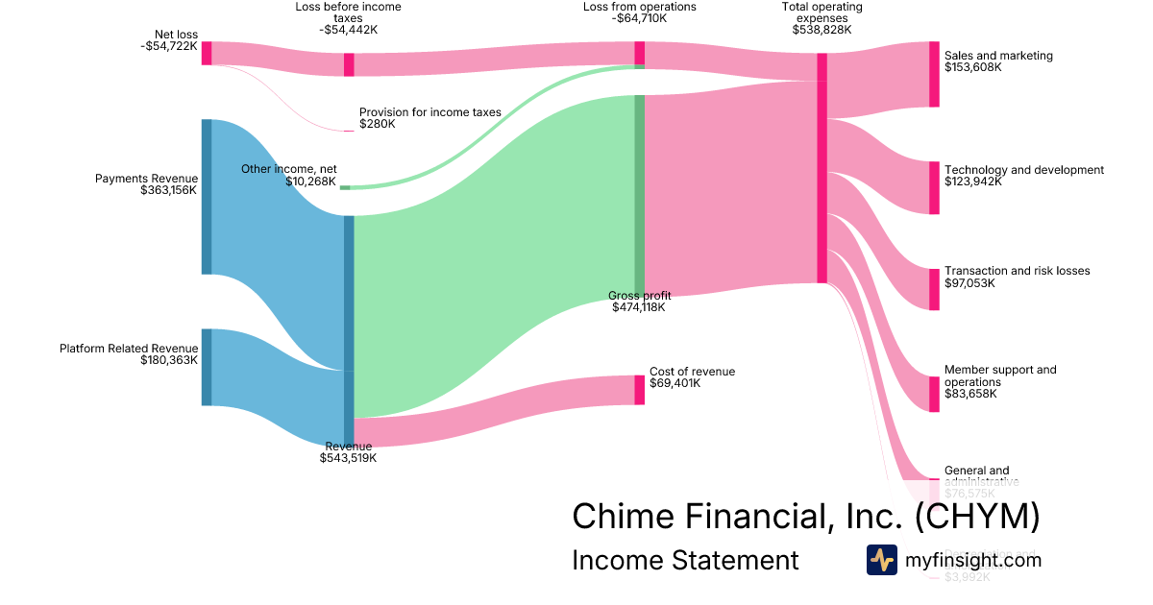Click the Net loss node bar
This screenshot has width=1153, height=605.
tap(206, 53)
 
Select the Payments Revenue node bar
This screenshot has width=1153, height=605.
tap(206, 196)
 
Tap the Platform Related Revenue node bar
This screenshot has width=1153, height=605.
tap(206, 367)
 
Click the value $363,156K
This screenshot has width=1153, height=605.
tap(168, 190)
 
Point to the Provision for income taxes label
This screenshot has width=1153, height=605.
tap(429, 112)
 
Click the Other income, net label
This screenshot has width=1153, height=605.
tap(288, 169)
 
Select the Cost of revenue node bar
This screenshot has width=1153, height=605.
tap(639, 389)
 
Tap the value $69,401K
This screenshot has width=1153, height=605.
tap(675, 383)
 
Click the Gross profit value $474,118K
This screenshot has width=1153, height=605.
tap(639, 307)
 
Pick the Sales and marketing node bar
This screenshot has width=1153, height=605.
tap(934, 74)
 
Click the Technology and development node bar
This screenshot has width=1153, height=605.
tap(934, 187)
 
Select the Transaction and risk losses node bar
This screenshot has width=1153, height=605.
tap(934, 289)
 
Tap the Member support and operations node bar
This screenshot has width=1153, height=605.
tap(934, 394)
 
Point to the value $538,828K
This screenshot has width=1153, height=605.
tap(822, 30)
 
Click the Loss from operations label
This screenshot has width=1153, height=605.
tap(639, 7)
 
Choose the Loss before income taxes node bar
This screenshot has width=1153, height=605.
tap(349, 64)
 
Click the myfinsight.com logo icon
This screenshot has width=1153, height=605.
tap(881, 560)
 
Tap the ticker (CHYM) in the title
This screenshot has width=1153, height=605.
tap(976, 517)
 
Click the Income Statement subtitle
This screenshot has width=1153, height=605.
tap(684, 560)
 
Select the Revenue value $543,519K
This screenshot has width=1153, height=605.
tap(348, 458)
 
